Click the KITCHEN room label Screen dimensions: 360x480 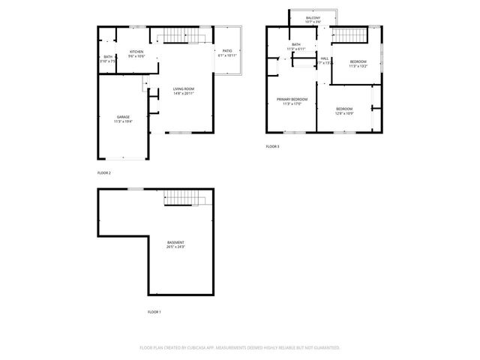pos(136,52)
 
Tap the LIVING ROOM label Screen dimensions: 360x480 pos(184,88)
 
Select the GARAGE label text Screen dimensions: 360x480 pos(123,116)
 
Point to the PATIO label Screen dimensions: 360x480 pos(226,51)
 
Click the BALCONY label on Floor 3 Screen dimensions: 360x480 pos(313,17)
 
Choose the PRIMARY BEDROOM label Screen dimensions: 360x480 pos(292,99)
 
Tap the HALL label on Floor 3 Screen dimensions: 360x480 pos(325,58)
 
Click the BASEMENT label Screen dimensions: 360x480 pos(175,242)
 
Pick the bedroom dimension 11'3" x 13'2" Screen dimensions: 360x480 pos(358,66)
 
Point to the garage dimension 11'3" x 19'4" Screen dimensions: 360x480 pos(123,121)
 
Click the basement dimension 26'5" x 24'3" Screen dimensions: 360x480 pos(175,247)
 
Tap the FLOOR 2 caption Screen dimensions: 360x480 pos(104,173)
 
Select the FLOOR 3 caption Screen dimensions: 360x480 pos(272,146)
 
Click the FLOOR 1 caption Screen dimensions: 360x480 pos(154,311)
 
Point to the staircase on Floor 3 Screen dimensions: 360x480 pos(349,35)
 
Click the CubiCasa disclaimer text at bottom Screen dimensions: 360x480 pos(240,348)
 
